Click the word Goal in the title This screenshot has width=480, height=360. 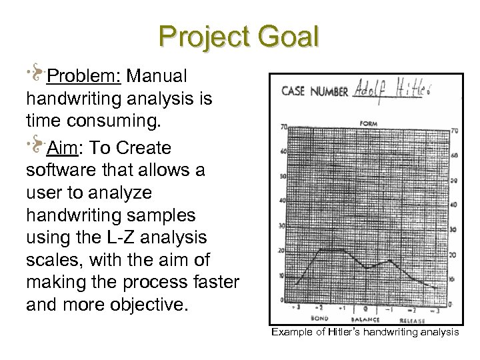click(288, 37)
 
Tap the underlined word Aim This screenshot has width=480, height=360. click(61, 147)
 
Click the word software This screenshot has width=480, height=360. click(59, 171)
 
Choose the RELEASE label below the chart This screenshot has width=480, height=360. click(418, 318)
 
